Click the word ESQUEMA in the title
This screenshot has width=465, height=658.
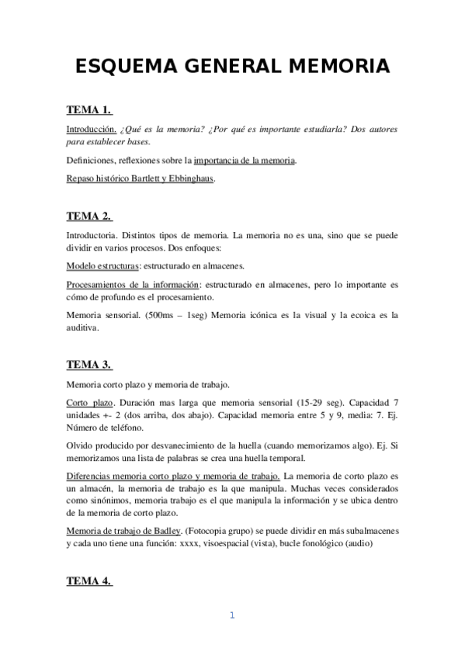tap(120, 68)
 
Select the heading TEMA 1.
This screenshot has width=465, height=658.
tap(89, 109)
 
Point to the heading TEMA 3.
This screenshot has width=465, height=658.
tap(89, 364)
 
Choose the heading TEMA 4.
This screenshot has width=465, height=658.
tap(89, 580)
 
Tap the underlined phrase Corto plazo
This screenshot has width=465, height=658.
tap(90, 403)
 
